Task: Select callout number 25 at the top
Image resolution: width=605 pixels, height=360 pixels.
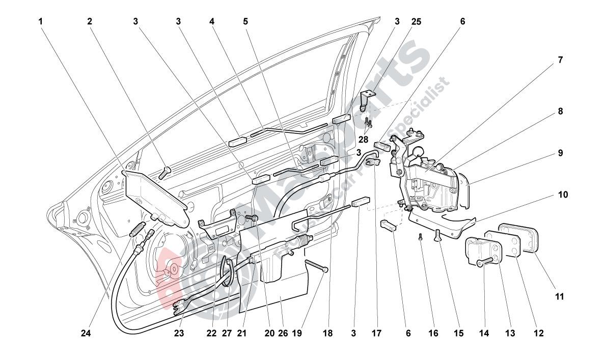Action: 416,21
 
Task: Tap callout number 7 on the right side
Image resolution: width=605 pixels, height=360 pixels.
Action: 560,60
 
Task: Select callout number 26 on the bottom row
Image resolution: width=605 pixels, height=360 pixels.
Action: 283,334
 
